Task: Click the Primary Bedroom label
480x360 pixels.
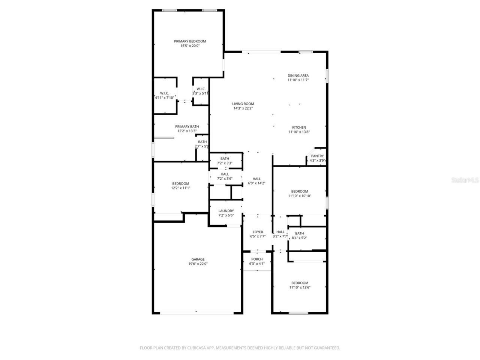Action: (190, 41)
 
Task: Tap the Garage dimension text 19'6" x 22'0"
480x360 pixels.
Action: (198, 264)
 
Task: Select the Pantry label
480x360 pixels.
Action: (317, 156)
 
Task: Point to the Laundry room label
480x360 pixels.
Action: (226, 211)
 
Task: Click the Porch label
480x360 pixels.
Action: (257, 259)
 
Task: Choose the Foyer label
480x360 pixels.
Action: (258, 232)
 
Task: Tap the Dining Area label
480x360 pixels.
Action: (298, 75)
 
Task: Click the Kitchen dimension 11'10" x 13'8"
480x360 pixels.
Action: (299, 132)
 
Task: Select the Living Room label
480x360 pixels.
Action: (243, 104)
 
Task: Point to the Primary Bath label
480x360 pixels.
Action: (187, 126)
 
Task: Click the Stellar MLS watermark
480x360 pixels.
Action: (465, 180)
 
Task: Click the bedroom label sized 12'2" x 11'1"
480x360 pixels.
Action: (181, 183)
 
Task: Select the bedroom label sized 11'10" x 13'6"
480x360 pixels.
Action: (300, 283)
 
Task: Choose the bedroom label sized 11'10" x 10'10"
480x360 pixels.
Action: (300, 191)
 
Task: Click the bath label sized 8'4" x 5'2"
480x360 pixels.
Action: (299, 233)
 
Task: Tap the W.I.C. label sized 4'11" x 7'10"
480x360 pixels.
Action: (164, 93)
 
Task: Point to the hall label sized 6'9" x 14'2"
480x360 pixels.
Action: (256, 179)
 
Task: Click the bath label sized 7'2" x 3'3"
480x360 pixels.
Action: (225, 159)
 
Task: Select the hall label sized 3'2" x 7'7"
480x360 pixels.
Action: (280, 232)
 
